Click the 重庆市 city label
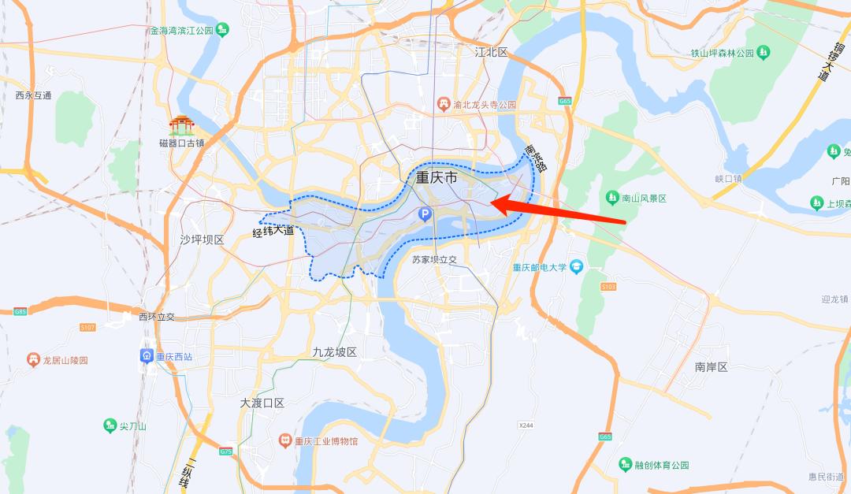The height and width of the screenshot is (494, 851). tap(437, 179)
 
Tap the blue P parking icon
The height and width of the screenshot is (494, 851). tap(425, 214)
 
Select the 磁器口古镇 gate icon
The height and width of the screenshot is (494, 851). tap(181, 125)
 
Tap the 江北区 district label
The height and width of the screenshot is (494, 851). tap(492, 52)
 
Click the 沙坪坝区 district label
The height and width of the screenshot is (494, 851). tap(203, 239)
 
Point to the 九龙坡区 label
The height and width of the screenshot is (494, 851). tap(335, 352)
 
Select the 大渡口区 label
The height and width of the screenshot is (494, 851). tap(262, 403)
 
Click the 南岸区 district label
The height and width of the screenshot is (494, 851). tap(711, 367)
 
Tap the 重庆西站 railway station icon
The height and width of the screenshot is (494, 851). tap(147, 356)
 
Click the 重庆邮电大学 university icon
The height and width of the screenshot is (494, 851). tap(576, 267)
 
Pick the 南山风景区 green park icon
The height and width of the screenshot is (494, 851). tap(612, 198)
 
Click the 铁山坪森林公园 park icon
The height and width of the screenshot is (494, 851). tap(763, 53)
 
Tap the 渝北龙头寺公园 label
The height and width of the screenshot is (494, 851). tap(485, 104)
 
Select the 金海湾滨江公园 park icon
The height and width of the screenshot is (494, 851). tap(223, 31)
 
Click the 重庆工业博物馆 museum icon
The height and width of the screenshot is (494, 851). tap(285, 441)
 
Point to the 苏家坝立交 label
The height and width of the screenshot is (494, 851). tap(434, 258)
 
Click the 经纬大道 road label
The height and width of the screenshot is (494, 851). tap(273, 232)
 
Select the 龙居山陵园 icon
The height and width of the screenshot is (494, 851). tap(33, 360)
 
